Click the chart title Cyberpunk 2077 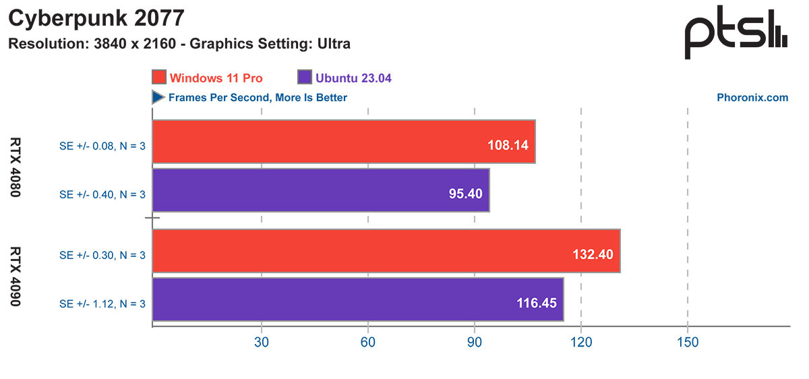click(96, 19)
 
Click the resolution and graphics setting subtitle click(179, 45)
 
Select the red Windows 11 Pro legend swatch click(159, 78)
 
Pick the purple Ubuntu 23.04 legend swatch click(303, 78)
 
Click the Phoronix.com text click(752, 98)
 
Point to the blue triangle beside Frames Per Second click(158, 98)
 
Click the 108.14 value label click(507, 145)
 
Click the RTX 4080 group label click(16, 167)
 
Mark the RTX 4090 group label click(16, 277)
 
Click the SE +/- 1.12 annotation click(102, 304)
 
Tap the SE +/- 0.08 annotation click(102, 146)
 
